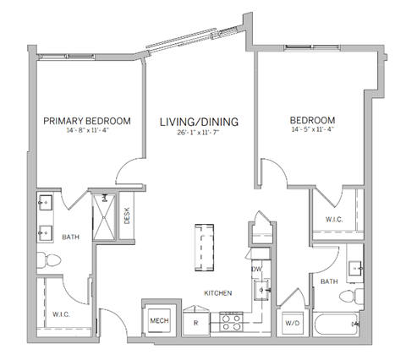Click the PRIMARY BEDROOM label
tap(87, 122)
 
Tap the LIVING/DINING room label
tap(200, 122)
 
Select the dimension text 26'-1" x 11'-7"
tap(200, 133)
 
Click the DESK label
tap(126, 216)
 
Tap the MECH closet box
tap(158, 320)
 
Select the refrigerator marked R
tap(195, 322)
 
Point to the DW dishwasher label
tap(256, 269)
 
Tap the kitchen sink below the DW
tap(263, 290)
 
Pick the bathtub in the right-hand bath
tap(334, 324)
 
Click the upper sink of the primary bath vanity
tap(45, 203)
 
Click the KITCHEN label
tap(217, 293)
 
